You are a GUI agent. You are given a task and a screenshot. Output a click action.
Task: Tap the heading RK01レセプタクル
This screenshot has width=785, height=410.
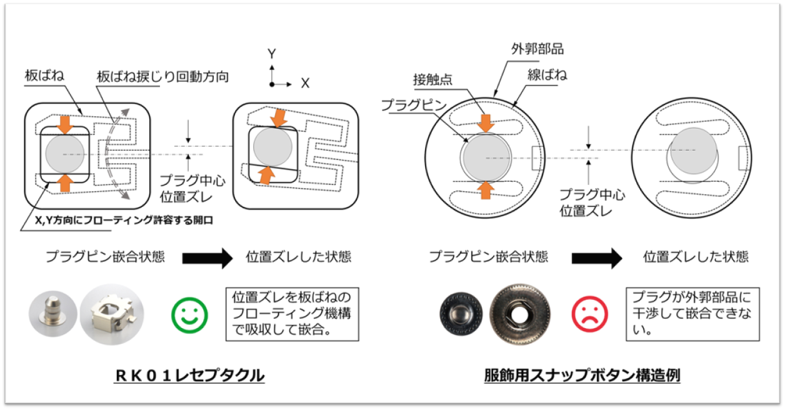[189, 375]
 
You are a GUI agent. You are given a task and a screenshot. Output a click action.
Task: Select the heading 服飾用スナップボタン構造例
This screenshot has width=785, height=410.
[582, 375]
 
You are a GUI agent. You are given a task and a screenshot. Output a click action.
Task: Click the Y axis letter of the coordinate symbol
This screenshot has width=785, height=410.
[272, 54]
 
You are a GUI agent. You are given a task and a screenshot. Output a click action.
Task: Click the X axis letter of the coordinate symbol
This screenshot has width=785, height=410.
[305, 84]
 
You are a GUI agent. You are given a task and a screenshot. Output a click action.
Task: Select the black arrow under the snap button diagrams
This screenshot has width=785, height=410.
[597, 257]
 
